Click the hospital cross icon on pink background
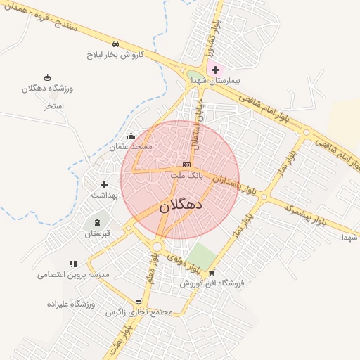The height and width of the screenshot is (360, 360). pos(215,70)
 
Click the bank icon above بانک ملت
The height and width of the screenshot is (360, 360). pos(186,165)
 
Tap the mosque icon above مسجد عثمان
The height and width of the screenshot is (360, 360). pos(131,136)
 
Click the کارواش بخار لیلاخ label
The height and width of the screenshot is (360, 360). pos(115,53)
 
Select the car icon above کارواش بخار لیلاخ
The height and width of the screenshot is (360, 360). pos(115,43)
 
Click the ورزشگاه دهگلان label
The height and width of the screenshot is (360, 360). pos(48,89)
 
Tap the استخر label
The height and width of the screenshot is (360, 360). pos(53,106)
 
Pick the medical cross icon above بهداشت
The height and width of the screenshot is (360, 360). pos(105,184)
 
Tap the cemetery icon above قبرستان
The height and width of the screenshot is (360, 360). pos(97,222)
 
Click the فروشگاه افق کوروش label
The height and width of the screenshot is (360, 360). pos(211,283)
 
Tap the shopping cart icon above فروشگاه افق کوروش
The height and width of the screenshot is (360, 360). pos(211,273)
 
